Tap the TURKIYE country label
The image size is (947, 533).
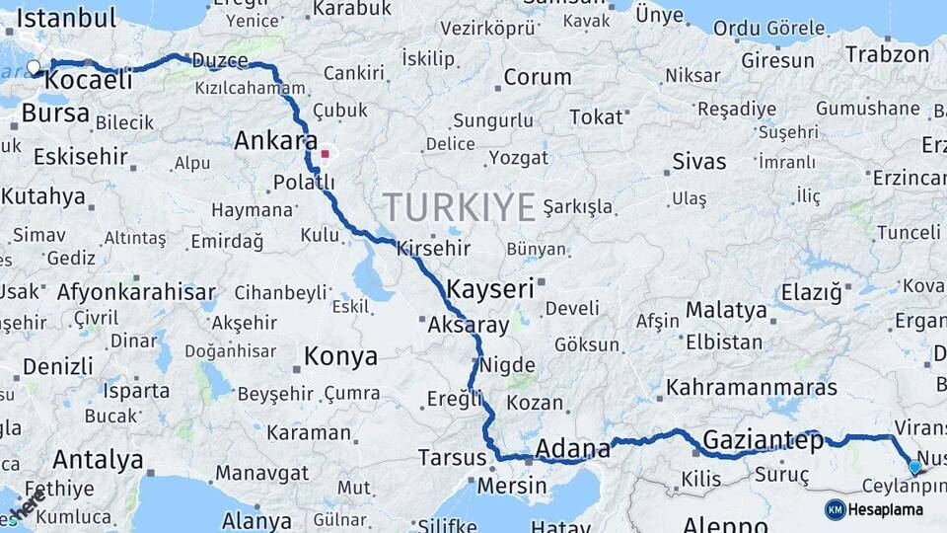tap(460, 206)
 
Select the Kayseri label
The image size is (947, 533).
tap(490, 289)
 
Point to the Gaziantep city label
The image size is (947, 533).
tap(763, 441)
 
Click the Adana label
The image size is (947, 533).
tap(572, 450)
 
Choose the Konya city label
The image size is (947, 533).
tap(340, 356)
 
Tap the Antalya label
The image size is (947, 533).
tap(98, 459)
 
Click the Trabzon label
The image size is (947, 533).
tap(887, 54)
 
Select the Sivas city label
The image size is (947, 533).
tap(698, 161)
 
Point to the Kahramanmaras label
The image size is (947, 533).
tap(752, 387)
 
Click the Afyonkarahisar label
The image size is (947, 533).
tap(136, 292)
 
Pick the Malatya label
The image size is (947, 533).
tap(726, 310)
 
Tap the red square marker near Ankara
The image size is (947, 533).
tap(326, 154)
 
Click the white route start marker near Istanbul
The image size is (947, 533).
tap(34, 68)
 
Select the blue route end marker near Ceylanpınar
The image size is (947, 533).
tap(914, 467)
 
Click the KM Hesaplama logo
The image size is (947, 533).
tap(874, 509)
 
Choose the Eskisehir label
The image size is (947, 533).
tap(81, 156)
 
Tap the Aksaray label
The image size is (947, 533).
tap(469, 324)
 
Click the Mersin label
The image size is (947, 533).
tap(511, 486)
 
